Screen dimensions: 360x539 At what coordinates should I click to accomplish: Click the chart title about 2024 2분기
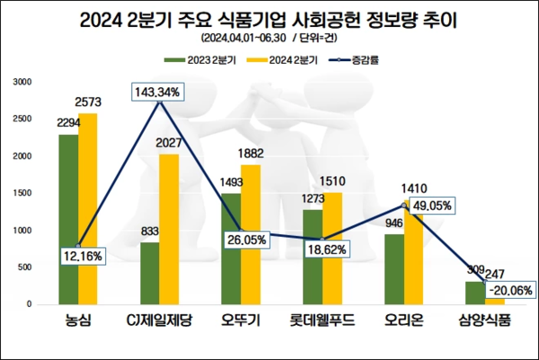tap(269, 19)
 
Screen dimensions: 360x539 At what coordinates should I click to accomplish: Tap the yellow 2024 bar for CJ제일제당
tap(170, 229)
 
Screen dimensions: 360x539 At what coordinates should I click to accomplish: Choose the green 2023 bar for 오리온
tap(393, 268)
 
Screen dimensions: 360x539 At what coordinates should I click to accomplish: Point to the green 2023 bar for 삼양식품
tap(473, 293)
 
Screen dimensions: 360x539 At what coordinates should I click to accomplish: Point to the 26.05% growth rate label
tap(248, 241)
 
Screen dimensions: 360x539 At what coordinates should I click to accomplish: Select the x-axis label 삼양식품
tap(482, 320)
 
